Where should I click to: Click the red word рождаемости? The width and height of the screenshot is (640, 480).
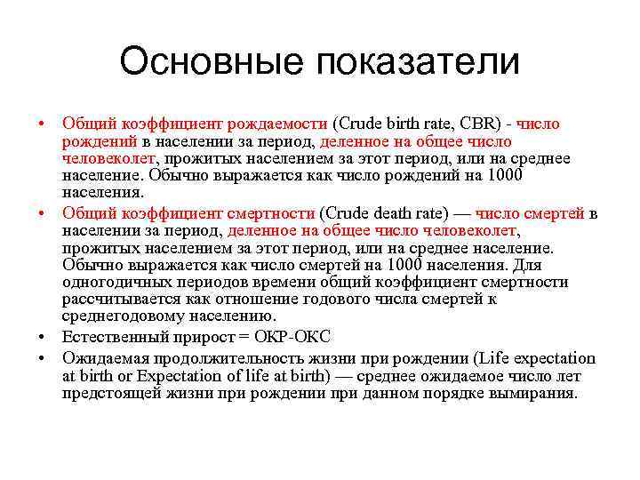tap(284, 124)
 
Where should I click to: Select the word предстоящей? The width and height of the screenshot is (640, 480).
tap(107, 393)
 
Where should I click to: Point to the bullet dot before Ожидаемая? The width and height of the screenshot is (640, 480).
tap(43, 359)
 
